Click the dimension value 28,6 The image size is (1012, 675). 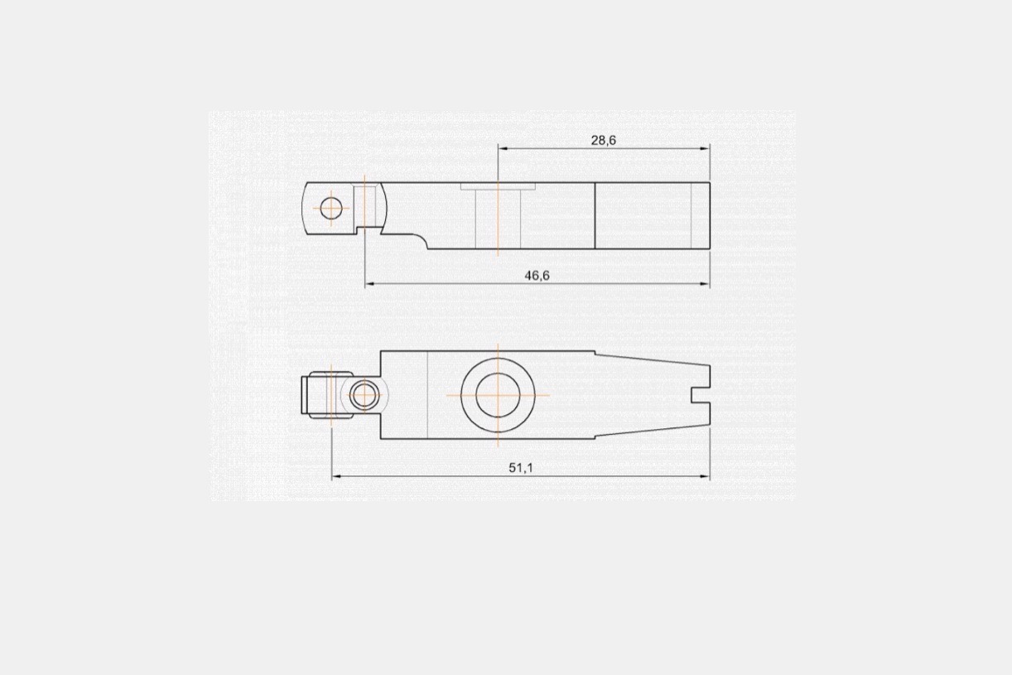pyautogui.click(x=604, y=141)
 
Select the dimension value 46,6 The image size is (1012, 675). pyautogui.click(x=537, y=276)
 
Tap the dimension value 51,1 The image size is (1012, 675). pyautogui.click(x=521, y=468)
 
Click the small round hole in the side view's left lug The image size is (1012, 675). pyautogui.click(x=331, y=208)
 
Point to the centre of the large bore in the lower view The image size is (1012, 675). pyautogui.click(x=498, y=395)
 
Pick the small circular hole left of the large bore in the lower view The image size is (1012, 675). pyautogui.click(x=364, y=395)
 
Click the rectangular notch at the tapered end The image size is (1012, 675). pyautogui.click(x=701, y=395)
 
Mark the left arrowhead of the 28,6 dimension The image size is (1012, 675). pyautogui.click(x=503, y=148)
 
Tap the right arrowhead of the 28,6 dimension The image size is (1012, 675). pyautogui.click(x=705, y=148)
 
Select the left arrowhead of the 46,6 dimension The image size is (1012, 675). pyautogui.click(x=370, y=284)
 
